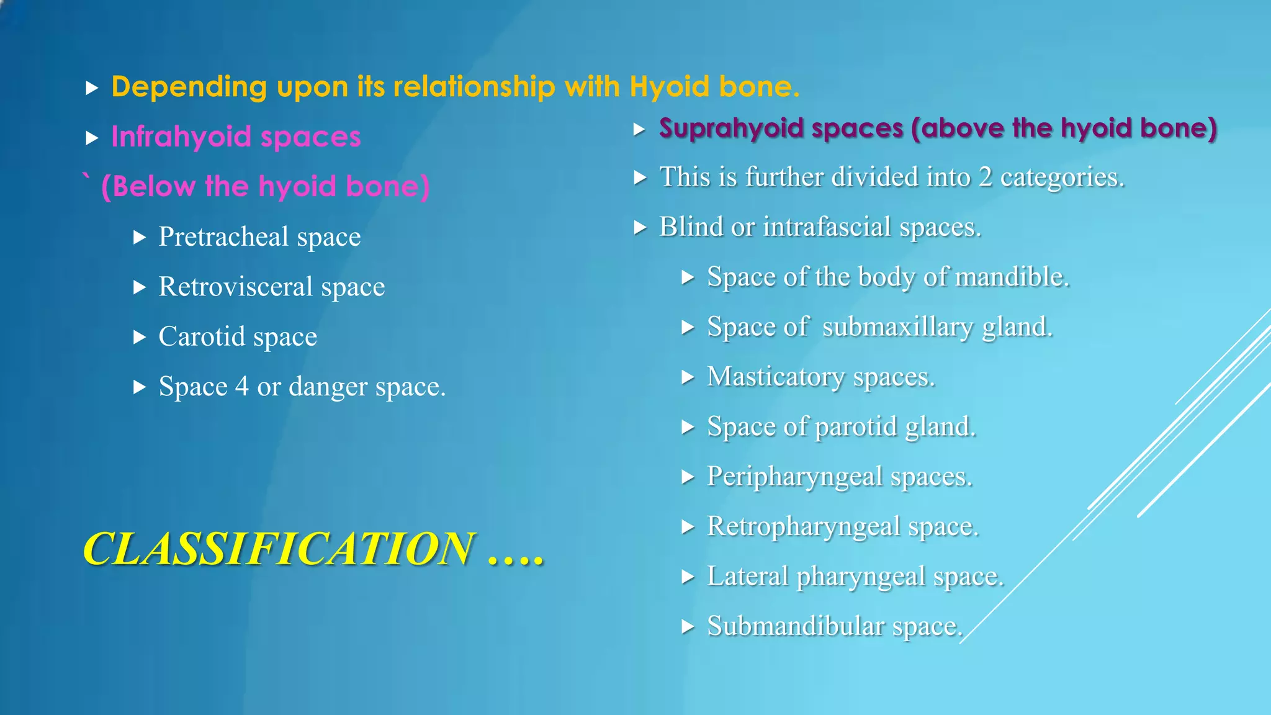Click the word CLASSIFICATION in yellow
[278, 549]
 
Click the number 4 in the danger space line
[241, 387]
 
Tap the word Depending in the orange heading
[189, 87]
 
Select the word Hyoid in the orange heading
[670, 86]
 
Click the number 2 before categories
[985, 178]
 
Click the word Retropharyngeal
[804, 527]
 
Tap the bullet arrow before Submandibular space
[688, 627]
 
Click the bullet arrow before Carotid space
[140, 337]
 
